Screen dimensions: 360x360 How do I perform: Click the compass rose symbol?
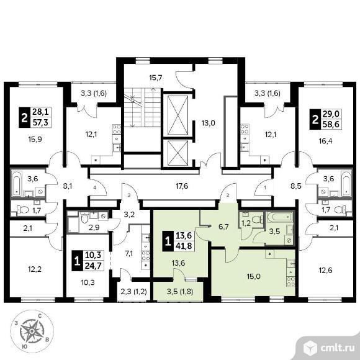(x=32, y=331)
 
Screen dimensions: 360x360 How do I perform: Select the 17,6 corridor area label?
(x=182, y=186)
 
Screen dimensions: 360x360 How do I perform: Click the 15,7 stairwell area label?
(x=156, y=78)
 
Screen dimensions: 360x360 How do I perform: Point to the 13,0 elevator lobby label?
(x=208, y=123)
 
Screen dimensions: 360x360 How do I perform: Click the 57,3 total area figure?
(x=40, y=122)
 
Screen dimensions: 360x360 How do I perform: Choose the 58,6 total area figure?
(x=331, y=124)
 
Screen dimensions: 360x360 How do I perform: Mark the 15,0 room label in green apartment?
(x=253, y=276)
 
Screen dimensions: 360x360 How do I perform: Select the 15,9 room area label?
(x=35, y=139)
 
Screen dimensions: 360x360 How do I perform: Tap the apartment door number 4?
(x=94, y=187)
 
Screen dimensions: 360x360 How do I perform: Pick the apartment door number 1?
(x=265, y=187)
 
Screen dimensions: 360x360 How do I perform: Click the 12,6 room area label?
(x=326, y=270)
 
